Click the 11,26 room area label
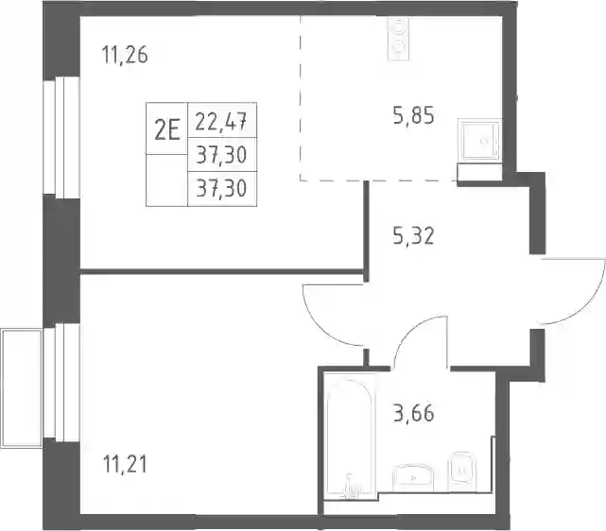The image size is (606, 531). (125, 55)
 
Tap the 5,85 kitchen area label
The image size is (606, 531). (413, 115)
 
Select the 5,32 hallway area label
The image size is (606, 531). (413, 236)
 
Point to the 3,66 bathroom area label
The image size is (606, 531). (413, 413)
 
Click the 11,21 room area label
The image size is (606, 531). (125, 464)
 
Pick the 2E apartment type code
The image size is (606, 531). (167, 129)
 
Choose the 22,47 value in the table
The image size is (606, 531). (221, 121)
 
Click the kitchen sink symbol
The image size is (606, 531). (479, 141)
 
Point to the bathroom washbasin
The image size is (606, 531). (413, 478)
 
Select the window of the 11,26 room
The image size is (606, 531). (61, 137)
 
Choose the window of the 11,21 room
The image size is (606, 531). (61, 383)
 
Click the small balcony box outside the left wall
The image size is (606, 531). (21, 388)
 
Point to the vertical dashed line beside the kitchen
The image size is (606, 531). (300, 98)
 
